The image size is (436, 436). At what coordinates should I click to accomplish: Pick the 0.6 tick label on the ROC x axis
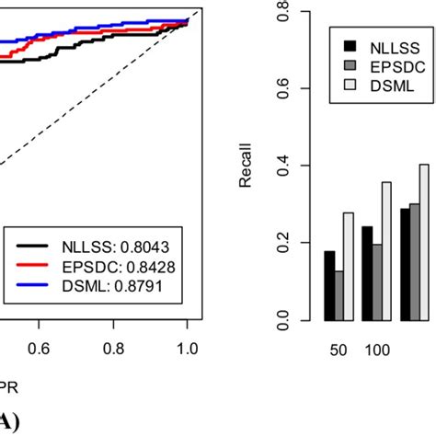coord(39,350)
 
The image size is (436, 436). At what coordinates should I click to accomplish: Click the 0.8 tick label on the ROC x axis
coord(113,350)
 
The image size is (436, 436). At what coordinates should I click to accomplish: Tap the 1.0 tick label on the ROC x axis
coord(187,350)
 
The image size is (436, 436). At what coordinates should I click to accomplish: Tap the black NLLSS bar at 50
coord(329,285)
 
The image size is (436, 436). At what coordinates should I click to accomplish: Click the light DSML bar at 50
coord(349,267)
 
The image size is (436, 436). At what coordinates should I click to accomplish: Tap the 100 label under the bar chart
coord(377,350)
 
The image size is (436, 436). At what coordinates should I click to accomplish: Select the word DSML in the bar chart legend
coord(388,86)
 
